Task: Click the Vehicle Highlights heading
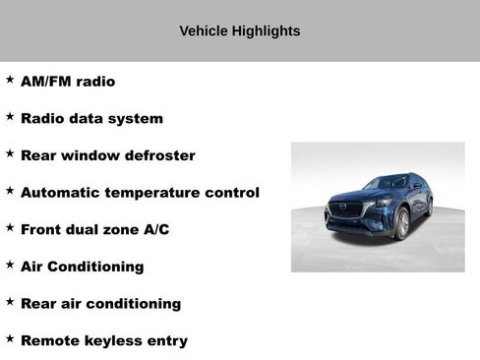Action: tap(239, 31)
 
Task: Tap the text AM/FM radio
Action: tap(68, 82)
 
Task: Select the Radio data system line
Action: tap(91, 119)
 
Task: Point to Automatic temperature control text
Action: tap(140, 193)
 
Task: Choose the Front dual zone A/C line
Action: tap(94, 229)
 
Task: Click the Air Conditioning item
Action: tap(82, 267)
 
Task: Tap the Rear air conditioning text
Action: tap(100, 304)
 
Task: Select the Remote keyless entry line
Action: tap(103, 341)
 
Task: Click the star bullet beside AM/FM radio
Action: tap(10, 79)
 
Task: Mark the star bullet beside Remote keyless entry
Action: tap(10, 338)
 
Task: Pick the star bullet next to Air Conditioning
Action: tap(10, 264)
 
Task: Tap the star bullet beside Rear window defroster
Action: tap(10, 153)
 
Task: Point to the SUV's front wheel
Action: tap(401, 224)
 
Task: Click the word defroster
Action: tap(160, 155)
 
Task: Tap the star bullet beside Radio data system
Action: tap(10, 116)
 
